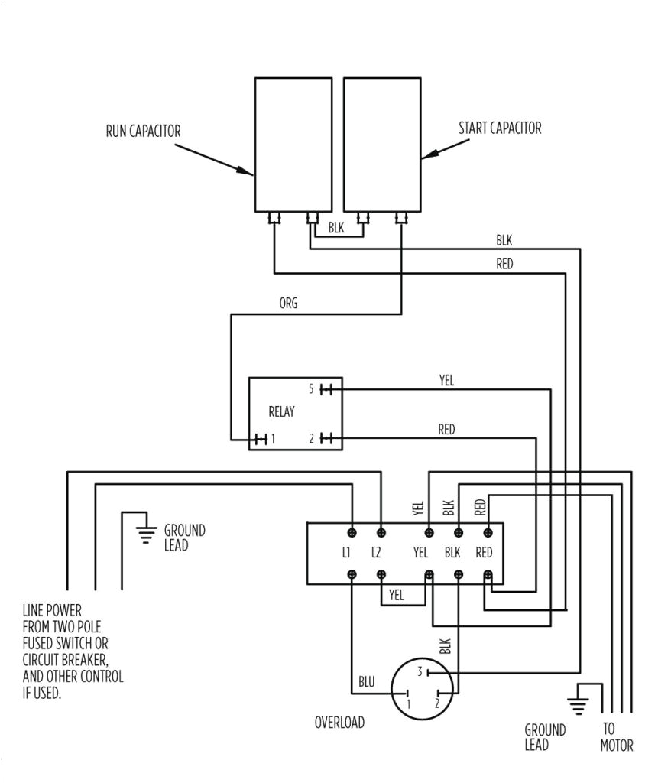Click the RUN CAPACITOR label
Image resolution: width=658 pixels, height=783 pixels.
143,132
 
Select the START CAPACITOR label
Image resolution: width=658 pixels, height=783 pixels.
500,128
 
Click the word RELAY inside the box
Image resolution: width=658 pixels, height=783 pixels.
281,412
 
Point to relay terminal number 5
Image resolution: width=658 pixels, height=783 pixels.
311,389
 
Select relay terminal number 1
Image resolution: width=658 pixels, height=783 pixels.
272,439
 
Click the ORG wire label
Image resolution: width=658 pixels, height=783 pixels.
288,303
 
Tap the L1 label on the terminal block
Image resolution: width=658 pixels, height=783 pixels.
347,552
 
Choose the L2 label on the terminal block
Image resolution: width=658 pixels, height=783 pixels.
376,552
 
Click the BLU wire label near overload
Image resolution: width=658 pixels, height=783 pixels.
367,681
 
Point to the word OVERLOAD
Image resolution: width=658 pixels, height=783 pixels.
339,723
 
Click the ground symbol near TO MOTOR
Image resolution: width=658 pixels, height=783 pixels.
579,701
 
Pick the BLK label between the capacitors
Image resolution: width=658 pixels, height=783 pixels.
336,227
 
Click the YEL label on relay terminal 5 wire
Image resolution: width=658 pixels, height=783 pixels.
446,380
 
